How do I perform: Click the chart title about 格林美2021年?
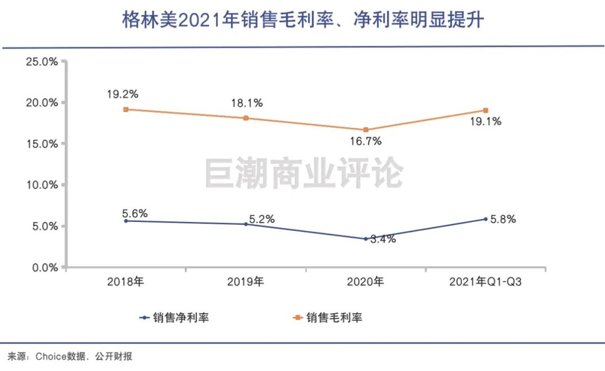coord(303,21)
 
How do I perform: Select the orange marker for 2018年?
coord(126,109)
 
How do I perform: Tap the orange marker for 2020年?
coord(366,129)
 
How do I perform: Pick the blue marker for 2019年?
coord(246,224)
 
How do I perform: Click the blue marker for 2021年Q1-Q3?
coord(486,219)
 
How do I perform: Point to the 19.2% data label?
coord(123,94)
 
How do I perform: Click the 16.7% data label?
coord(365,142)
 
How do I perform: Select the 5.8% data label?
coord(502,219)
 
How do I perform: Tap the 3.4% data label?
coord(383,239)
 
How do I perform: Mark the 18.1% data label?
coord(247,103)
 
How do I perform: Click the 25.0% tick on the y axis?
coord(42,61)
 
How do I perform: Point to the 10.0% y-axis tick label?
coord(42,185)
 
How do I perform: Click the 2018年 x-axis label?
coord(126,282)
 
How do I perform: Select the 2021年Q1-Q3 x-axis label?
coord(485,282)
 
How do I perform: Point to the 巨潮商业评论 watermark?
coord(303,173)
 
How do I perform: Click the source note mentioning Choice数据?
coord(69,356)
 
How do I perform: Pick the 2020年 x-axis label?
coord(366,282)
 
